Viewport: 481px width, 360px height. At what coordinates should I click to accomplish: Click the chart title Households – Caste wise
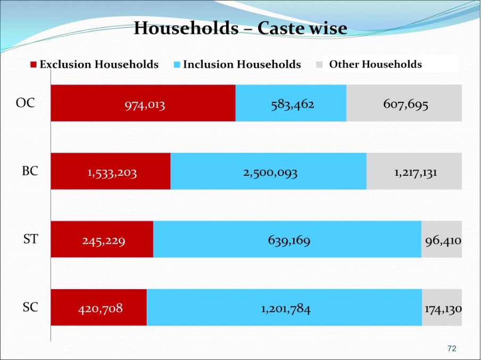[240, 28]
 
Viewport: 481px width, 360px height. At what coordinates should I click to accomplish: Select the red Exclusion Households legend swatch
[34, 65]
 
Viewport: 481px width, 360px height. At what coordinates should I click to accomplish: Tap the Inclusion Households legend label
[242, 65]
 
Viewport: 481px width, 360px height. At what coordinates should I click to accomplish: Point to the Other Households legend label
[375, 65]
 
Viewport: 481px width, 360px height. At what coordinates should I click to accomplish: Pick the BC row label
[30, 171]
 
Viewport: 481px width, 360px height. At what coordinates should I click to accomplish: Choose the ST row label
[30, 240]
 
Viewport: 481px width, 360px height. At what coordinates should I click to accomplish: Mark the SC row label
[30, 307]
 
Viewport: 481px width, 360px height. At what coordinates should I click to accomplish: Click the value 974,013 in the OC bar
[145, 105]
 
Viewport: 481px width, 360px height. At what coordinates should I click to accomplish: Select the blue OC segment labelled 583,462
[292, 104]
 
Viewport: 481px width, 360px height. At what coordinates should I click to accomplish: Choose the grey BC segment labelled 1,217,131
[416, 173]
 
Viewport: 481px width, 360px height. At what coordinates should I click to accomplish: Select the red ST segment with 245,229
[104, 241]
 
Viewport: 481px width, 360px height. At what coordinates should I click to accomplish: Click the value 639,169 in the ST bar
[289, 241]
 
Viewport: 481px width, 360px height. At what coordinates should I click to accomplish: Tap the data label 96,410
[443, 241]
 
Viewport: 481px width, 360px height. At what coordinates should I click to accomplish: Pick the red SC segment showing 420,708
[100, 308]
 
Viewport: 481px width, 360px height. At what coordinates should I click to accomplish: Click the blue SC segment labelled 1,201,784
[285, 308]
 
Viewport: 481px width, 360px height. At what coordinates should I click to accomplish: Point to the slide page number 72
[452, 348]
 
